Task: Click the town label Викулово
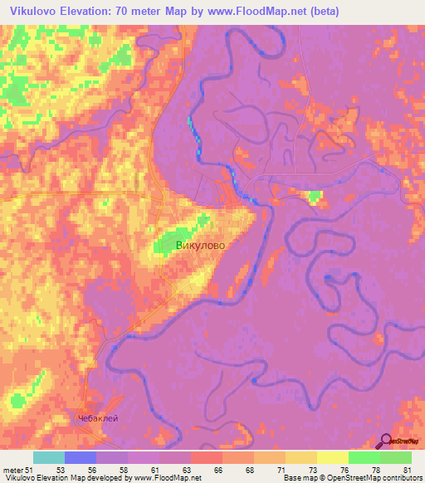click(200, 246)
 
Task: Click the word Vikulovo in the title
click(36, 11)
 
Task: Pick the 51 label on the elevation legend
click(29, 470)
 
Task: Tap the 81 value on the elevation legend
click(405, 470)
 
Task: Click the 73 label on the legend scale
click(310, 470)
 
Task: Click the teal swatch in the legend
click(48, 457)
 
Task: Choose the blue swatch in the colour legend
click(80, 457)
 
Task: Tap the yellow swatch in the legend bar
click(332, 457)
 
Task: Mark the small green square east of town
click(314, 198)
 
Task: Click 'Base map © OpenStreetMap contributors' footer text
click(350, 479)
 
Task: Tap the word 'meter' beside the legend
click(12, 470)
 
